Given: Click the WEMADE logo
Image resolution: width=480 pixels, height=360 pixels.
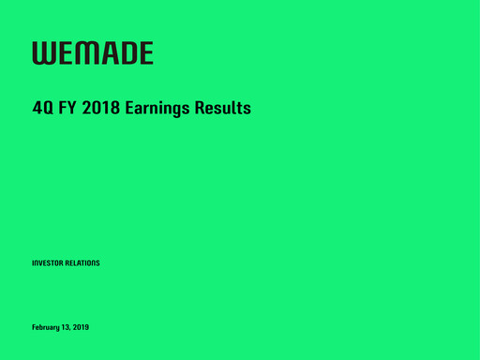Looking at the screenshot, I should [x=93, y=52].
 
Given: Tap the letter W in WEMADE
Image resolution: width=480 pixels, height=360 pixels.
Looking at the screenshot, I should [x=43, y=52].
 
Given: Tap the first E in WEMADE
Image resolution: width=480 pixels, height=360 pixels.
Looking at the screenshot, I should [x=64, y=52].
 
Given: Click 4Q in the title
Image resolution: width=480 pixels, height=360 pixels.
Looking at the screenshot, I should [x=41, y=109].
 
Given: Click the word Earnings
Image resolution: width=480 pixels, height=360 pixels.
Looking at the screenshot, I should [x=157, y=110].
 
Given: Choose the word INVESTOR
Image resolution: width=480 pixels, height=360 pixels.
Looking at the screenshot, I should [x=48, y=263].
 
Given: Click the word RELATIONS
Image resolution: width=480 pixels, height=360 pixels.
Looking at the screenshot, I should [x=82, y=263].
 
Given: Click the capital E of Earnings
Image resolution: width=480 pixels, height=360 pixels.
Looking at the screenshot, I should [x=128, y=109].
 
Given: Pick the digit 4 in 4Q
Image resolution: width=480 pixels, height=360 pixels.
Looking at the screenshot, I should [x=37, y=109].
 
